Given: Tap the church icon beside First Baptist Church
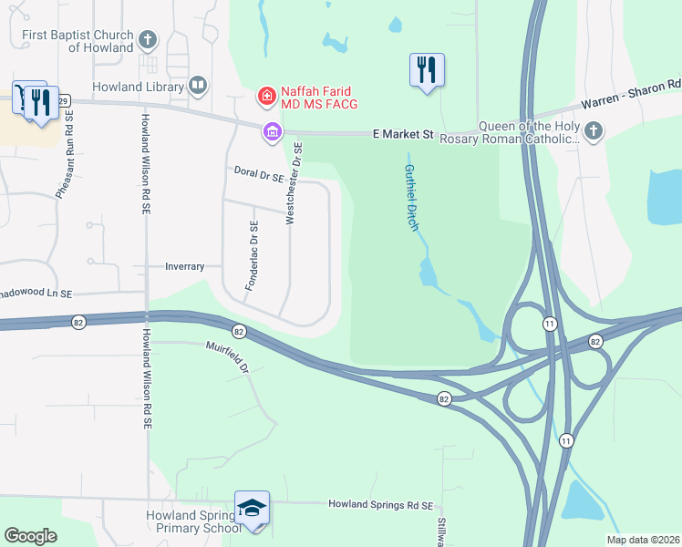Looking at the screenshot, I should [x=149, y=40].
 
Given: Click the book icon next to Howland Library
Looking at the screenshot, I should [x=198, y=87].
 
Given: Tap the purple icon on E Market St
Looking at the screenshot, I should [x=272, y=133].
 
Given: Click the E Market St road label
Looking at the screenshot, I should [x=403, y=134].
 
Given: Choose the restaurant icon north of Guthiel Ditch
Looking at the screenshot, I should [x=428, y=70].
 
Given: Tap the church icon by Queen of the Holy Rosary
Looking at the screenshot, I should [x=594, y=131].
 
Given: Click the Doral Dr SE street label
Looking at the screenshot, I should [x=258, y=172].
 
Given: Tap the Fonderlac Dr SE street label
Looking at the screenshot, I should [x=253, y=256].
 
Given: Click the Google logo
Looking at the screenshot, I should [x=31, y=535].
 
